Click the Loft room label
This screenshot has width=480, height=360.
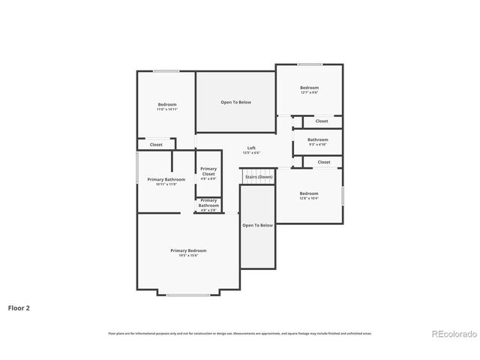tap(251, 148)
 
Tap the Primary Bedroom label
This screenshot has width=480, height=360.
tap(188, 250)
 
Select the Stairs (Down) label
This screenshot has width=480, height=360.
tap(258, 177)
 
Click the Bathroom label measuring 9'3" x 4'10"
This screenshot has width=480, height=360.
tap(317, 139)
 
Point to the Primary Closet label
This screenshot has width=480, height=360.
tap(208, 171)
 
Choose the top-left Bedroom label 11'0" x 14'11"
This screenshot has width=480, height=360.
tap(166, 104)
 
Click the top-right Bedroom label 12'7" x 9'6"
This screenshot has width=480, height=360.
tap(309, 88)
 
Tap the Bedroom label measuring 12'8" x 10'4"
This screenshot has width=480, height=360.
tap(309, 193)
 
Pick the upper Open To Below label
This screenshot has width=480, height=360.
tap(235, 102)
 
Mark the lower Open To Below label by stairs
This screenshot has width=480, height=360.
tap(257, 225)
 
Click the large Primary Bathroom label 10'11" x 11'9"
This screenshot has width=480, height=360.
tap(166, 179)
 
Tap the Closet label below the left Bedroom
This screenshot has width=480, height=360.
tap(156, 145)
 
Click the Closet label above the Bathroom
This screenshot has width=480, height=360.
tap(321, 121)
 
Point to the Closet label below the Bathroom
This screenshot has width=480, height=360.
tap(323, 162)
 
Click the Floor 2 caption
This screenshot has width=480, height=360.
tap(19, 307)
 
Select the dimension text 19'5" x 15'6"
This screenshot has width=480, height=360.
tap(188, 256)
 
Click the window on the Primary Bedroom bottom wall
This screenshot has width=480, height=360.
tap(188, 295)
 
